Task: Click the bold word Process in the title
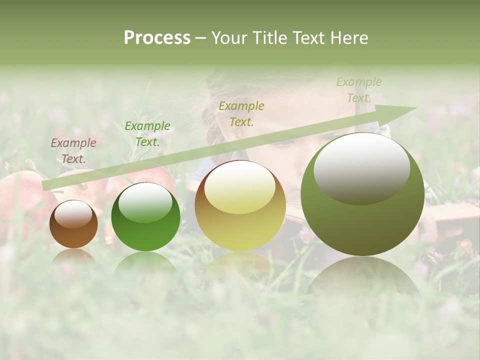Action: pyautogui.click(x=157, y=38)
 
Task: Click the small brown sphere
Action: pyautogui.click(x=73, y=224)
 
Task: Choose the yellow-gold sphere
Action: pyautogui.click(x=240, y=206)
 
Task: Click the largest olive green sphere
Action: pyautogui.click(x=362, y=195)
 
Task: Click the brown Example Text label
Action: pyautogui.click(x=73, y=151)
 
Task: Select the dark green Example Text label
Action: pyautogui.click(x=147, y=134)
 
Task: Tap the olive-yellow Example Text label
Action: pyautogui.click(x=241, y=113)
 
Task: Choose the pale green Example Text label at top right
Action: pyautogui.click(x=358, y=90)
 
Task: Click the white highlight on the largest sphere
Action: pyautogui.click(x=361, y=169)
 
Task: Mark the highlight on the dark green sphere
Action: pyautogui.click(x=145, y=202)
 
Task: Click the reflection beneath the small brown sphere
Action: pyautogui.click(x=73, y=256)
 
